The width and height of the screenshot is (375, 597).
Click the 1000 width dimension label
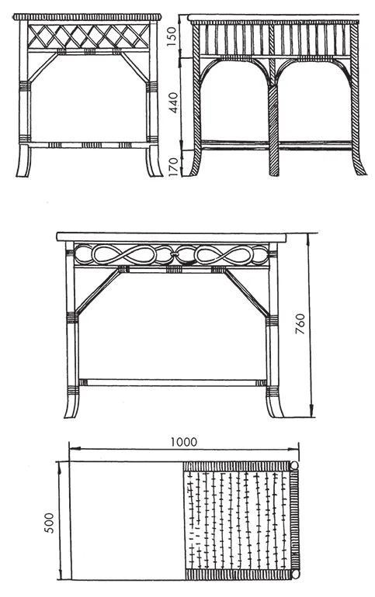click(184, 442)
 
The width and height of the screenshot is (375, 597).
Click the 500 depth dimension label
click(50, 523)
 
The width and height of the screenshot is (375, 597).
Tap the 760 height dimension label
click(300, 324)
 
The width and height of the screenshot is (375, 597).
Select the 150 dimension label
click(172, 36)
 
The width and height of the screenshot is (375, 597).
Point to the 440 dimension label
click(173, 102)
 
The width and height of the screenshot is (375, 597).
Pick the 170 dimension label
click(173, 166)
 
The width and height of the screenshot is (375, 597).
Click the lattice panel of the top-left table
click(88, 36)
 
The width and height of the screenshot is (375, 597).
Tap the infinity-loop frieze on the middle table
click(172, 254)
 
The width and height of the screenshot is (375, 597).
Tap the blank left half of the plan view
click(127, 520)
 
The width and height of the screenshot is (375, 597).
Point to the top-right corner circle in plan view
click(294, 465)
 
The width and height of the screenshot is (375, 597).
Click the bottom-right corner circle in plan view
click(294, 575)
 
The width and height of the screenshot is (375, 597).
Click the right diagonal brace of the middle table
click(247, 292)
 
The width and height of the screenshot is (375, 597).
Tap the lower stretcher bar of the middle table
click(172, 382)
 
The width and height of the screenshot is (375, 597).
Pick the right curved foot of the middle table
click(274, 406)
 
